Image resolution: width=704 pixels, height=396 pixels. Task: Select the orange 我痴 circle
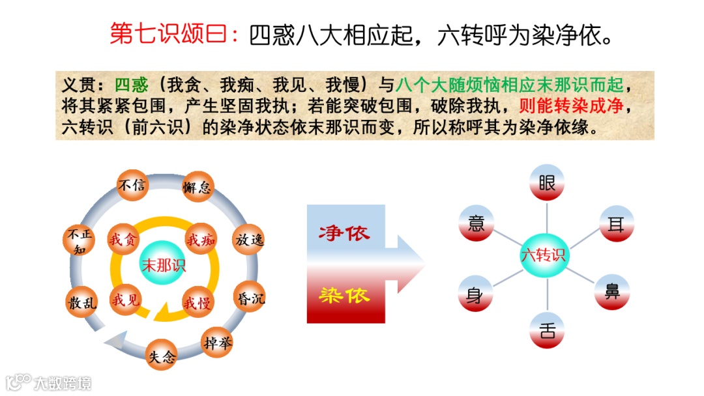[x=201, y=240]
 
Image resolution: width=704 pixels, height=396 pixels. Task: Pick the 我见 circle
[x=125, y=300]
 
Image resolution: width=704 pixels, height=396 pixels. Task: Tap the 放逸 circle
[x=249, y=240]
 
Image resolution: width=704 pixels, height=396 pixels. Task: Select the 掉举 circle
[x=217, y=341]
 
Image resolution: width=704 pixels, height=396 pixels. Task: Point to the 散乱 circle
[x=81, y=302]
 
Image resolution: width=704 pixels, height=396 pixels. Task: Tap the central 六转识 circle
[x=543, y=255]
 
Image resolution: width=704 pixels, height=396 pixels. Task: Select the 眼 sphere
[x=546, y=182]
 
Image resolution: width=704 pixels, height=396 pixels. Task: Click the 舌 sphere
[x=547, y=330]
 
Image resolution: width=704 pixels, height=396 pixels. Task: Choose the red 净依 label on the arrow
[x=344, y=233]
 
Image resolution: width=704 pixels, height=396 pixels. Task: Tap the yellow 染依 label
[x=344, y=295]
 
